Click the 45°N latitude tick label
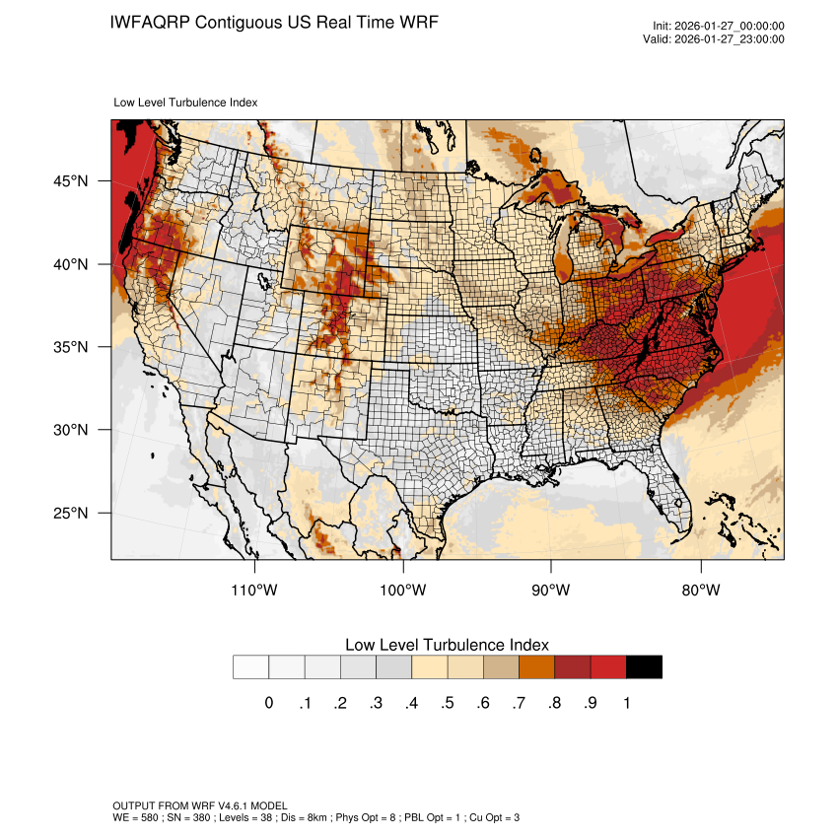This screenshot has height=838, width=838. [x=71, y=181]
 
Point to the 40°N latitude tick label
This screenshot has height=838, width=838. [x=71, y=264]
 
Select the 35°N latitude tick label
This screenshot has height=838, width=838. [x=71, y=347]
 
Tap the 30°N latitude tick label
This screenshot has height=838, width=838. [x=71, y=430]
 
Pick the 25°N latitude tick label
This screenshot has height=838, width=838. [x=71, y=513]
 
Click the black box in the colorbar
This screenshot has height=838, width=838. [x=644, y=666]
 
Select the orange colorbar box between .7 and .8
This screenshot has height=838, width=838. [x=536, y=666]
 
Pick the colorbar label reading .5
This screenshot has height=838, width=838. [x=448, y=703]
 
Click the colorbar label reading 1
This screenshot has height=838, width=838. [x=626, y=703]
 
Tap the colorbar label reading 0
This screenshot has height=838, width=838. [x=269, y=703]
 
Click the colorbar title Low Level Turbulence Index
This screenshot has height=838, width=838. [x=447, y=645]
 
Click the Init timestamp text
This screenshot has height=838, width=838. [x=718, y=26]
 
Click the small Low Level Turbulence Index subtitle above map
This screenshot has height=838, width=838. [x=186, y=103]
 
